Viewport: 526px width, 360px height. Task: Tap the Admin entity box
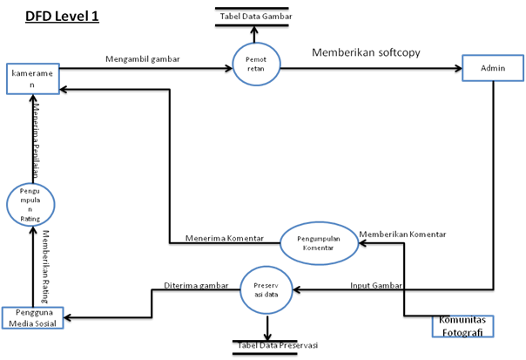[x=492, y=69]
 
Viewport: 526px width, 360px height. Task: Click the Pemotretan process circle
[x=256, y=64]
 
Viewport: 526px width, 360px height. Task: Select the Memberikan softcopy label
[x=366, y=52]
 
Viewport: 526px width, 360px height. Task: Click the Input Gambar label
[x=378, y=284]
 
